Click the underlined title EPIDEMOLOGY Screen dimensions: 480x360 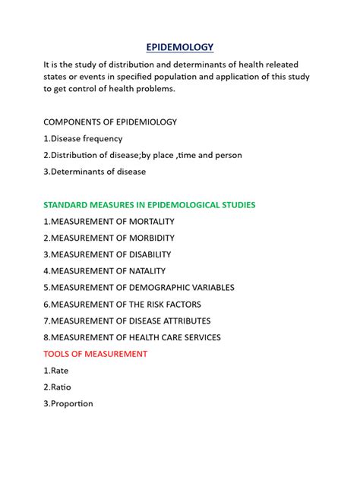(x=180, y=46)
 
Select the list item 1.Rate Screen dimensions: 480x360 (x=57, y=371)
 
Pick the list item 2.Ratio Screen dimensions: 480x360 (x=58, y=387)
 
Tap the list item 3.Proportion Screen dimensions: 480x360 (x=68, y=404)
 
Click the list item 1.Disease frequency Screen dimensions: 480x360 (x=83, y=138)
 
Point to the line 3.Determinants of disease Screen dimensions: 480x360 (x=94, y=172)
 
